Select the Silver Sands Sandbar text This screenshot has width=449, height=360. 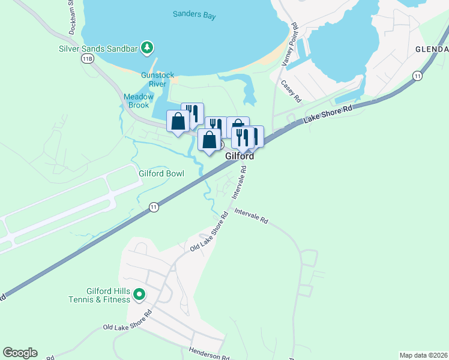pyautogui.click(x=100, y=48)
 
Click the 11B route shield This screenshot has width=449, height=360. pyautogui.click(x=88, y=58)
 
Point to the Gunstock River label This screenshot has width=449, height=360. pyautogui.click(x=157, y=79)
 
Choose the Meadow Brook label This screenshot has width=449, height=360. pyautogui.click(x=139, y=101)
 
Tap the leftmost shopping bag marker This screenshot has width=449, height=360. pyautogui.click(x=178, y=122)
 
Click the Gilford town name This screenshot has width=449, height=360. pyautogui.click(x=240, y=156)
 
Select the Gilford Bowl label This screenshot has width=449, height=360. pyautogui.click(x=161, y=173)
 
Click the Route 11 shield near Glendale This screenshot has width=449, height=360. pyautogui.click(x=417, y=75)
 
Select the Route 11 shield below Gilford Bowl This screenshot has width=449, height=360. pyautogui.click(x=154, y=207)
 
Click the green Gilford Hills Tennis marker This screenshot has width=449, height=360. pyautogui.click(x=139, y=294)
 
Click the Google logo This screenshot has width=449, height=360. pyautogui.click(x=20, y=353)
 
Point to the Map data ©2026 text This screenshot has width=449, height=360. pyautogui.click(x=423, y=355)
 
